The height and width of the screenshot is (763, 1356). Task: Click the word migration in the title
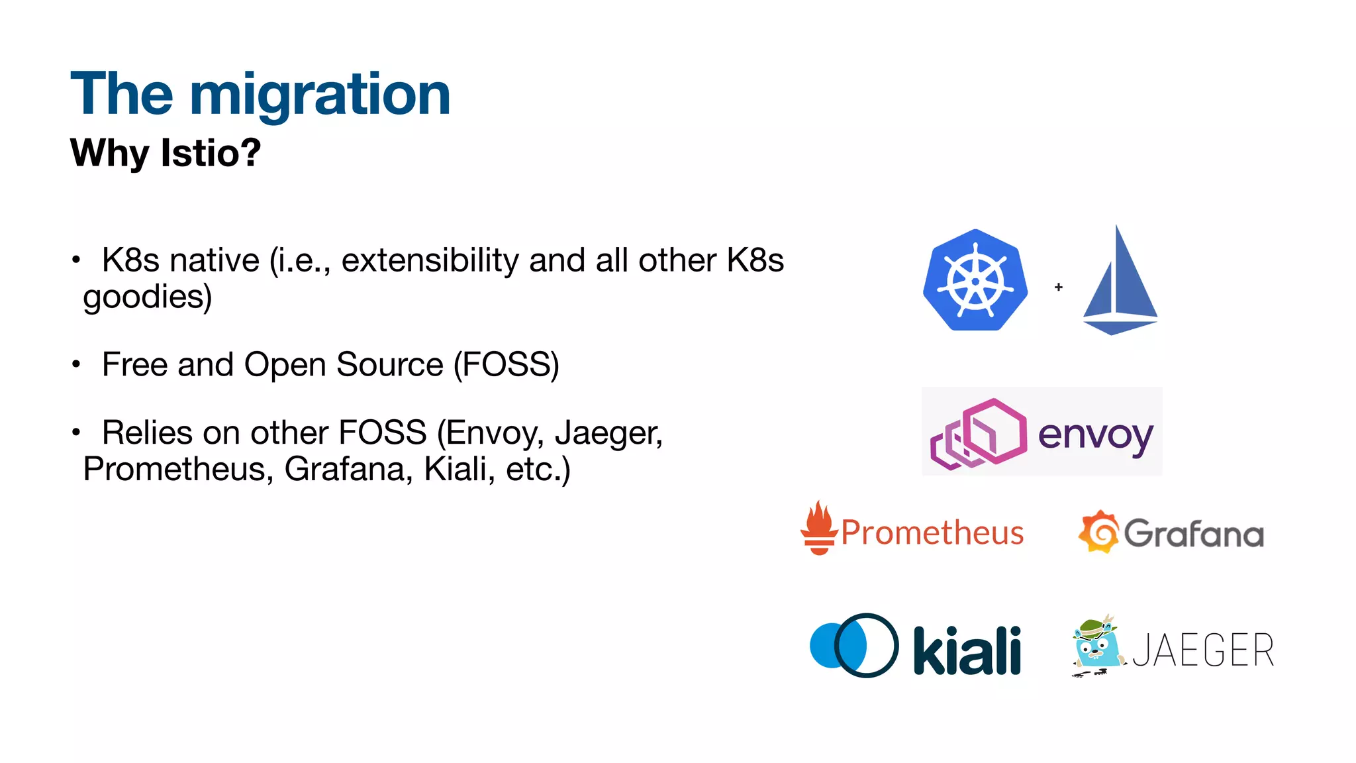click(320, 95)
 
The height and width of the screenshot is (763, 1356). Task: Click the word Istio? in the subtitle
click(211, 153)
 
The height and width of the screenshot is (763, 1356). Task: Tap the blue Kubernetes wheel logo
click(975, 280)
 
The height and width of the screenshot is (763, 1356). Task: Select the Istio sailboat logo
click(1120, 285)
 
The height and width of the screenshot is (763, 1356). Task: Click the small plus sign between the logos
click(1059, 287)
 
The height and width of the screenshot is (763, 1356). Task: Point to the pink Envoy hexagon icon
click(979, 434)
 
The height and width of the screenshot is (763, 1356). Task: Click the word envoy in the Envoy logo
click(1095, 435)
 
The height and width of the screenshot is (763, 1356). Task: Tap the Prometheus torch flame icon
click(820, 528)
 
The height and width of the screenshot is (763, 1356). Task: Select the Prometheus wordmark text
click(932, 533)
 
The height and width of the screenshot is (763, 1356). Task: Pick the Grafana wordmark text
click(1194, 534)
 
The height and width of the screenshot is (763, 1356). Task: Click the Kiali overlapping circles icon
click(854, 645)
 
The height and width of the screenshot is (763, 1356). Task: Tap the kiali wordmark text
click(967, 651)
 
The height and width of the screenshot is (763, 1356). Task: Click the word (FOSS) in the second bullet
click(506, 365)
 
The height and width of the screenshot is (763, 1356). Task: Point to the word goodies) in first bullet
click(147, 296)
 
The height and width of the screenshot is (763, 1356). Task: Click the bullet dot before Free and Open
click(76, 364)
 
